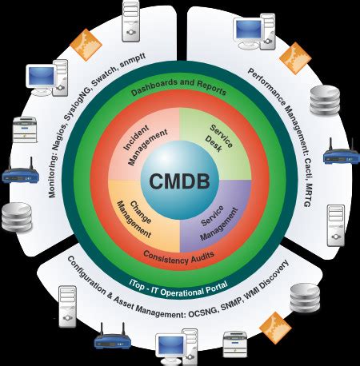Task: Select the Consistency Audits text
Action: click(179, 255)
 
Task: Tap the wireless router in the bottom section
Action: click(112, 341)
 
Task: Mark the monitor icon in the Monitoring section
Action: click(42, 78)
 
